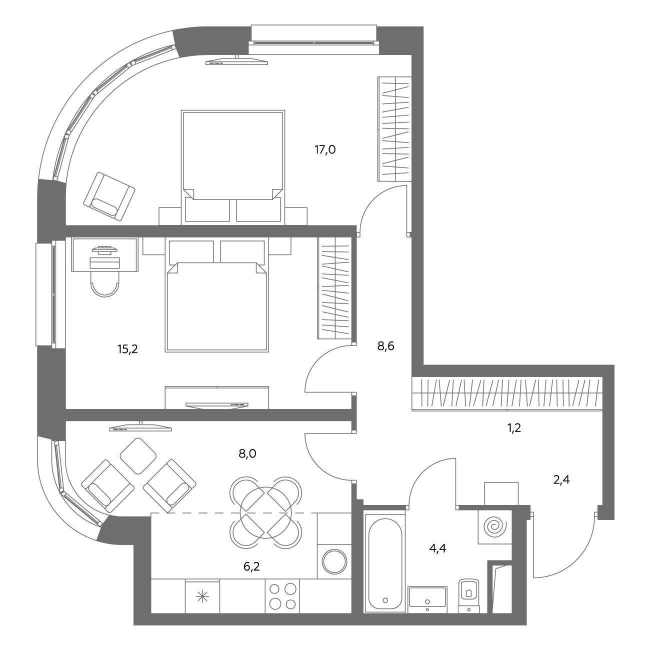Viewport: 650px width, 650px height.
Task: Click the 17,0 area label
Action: pyautogui.click(x=325, y=149)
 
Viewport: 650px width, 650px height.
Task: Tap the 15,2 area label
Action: pyautogui.click(x=127, y=349)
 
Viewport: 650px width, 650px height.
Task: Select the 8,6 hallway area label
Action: pyautogui.click(x=385, y=345)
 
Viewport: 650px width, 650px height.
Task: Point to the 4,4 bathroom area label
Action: pyautogui.click(x=437, y=548)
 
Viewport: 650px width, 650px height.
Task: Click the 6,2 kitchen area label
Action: pyautogui.click(x=251, y=566)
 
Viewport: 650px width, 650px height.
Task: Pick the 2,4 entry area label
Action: pyautogui.click(x=561, y=479)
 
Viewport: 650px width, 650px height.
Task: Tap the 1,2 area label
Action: pyautogui.click(x=514, y=428)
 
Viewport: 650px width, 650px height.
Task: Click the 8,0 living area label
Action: pyautogui.click(x=247, y=453)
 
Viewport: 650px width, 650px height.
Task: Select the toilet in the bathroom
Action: pyautogui.click(x=469, y=595)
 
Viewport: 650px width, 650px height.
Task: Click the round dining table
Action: pyautogui.click(x=265, y=512)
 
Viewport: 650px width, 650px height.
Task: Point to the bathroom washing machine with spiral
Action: pyautogui.click(x=495, y=526)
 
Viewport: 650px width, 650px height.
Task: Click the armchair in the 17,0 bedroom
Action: pyautogui.click(x=109, y=196)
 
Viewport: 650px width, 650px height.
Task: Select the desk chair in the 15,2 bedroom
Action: pyautogui.click(x=105, y=283)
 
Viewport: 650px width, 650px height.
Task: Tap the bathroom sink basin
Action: pyautogui.click(x=427, y=599)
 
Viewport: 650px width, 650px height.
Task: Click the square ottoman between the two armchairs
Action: pyautogui.click(x=138, y=456)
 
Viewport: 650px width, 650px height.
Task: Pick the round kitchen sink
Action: pyautogui.click(x=334, y=562)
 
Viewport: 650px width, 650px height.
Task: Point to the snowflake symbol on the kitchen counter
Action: pyautogui.click(x=202, y=597)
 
